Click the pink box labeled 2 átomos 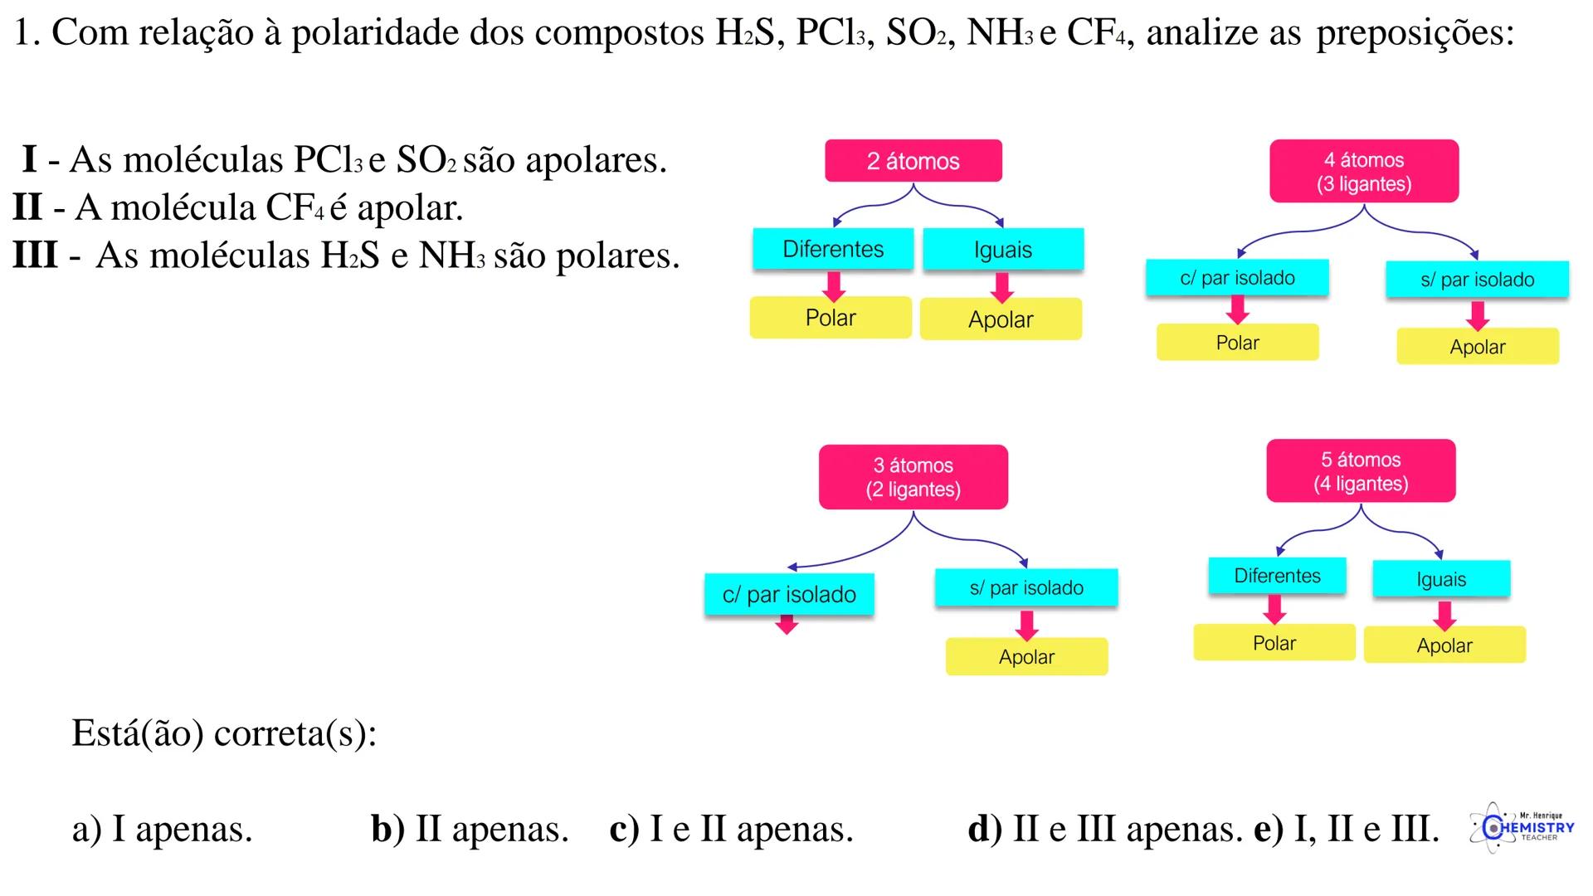pyautogui.click(x=913, y=161)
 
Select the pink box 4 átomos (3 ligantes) pyautogui.click(x=1363, y=172)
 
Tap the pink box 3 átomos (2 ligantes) pyautogui.click(x=913, y=477)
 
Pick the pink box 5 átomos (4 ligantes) pyautogui.click(x=1361, y=471)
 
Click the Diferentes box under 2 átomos pyautogui.click(x=833, y=249)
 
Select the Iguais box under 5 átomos pyautogui.click(x=1441, y=579)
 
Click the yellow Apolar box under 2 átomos pyautogui.click(x=1001, y=319)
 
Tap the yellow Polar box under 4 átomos pyautogui.click(x=1237, y=343)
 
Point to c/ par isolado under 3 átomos pyautogui.click(x=789, y=594)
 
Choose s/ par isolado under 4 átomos pyautogui.click(x=1477, y=280)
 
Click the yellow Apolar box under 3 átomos pyautogui.click(x=1026, y=657)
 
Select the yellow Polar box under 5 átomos pyautogui.click(x=1274, y=643)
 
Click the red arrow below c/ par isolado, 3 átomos pyautogui.click(x=787, y=626)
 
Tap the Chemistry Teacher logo pyautogui.click(x=1522, y=827)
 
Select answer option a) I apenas pyautogui.click(x=162, y=829)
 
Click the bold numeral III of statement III pyautogui.click(x=35, y=255)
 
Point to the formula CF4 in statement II pyautogui.click(x=296, y=207)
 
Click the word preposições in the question pyautogui.click(x=1415, y=33)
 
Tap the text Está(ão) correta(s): pyautogui.click(x=224, y=733)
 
